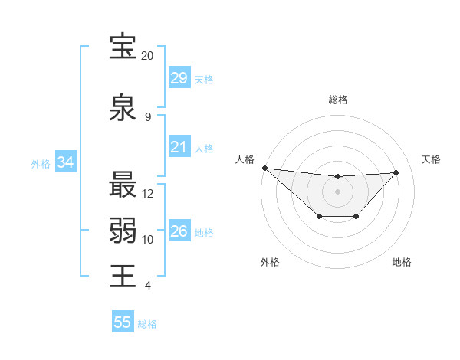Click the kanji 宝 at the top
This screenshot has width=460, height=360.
[x=123, y=47]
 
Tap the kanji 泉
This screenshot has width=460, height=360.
[x=123, y=108]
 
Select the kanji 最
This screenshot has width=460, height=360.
[x=123, y=185]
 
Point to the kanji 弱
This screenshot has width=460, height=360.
[x=123, y=231]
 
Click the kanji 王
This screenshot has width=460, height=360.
[x=123, y=277]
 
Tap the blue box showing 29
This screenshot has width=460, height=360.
[x=179, y=77]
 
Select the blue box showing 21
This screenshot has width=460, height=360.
[x=179, y=146]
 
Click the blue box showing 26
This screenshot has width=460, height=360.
[x=179, y=231]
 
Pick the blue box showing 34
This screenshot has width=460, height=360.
[x=65, y=162]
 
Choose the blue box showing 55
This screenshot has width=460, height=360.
[x=123, y=322]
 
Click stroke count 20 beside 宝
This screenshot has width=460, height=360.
[x=147, y=56]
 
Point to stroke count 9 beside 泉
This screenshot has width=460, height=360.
[x=147, y=117]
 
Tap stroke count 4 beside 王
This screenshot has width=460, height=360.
[x=147, y=286]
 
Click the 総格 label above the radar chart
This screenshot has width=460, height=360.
[x=338, y=100]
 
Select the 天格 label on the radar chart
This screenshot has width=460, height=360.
[x=432, y=159]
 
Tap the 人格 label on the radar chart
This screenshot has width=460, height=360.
[x=245, y=159]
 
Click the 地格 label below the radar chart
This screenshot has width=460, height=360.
[x=402, y=262]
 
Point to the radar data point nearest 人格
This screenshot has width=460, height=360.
[x=264, y=168]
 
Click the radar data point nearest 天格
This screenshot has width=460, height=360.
[x=396, y=172]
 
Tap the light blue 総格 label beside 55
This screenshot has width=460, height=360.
[x=147, y=324]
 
